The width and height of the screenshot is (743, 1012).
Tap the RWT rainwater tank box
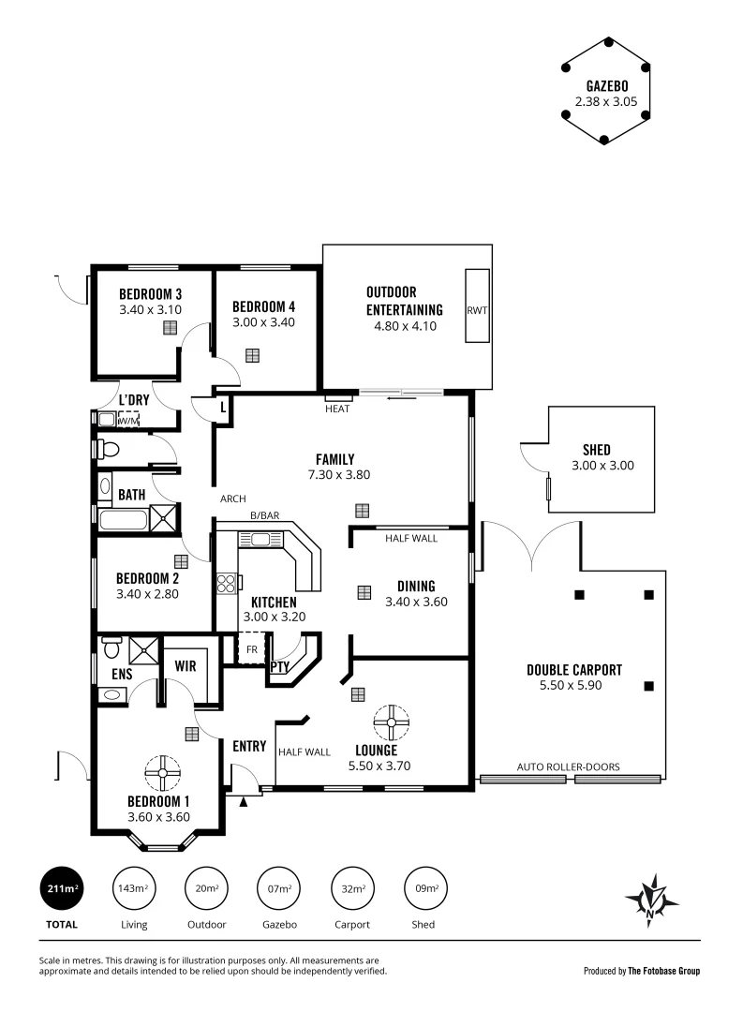click(477, 310)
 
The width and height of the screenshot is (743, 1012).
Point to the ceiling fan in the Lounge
click(390, 722)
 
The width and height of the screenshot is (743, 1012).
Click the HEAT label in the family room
click(337, 409)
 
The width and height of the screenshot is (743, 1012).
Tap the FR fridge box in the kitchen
click(252, 648)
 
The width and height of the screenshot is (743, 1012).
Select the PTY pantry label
click(280, 667)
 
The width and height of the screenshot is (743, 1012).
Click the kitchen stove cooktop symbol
click(226, 584)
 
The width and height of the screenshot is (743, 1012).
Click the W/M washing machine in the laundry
click(127, 420)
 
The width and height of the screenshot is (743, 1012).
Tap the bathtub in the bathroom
click(123, 520)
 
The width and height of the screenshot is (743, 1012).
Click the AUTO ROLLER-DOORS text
click(569, 766)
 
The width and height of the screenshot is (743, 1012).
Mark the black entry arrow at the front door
click(245, 801)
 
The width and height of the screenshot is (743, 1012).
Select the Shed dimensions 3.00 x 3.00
click(596, 466)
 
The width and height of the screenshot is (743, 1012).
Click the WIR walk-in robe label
click(186, 666)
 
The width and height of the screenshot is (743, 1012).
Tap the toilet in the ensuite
click(111, 648)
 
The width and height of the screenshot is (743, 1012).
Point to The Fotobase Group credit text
click(663, 971)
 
